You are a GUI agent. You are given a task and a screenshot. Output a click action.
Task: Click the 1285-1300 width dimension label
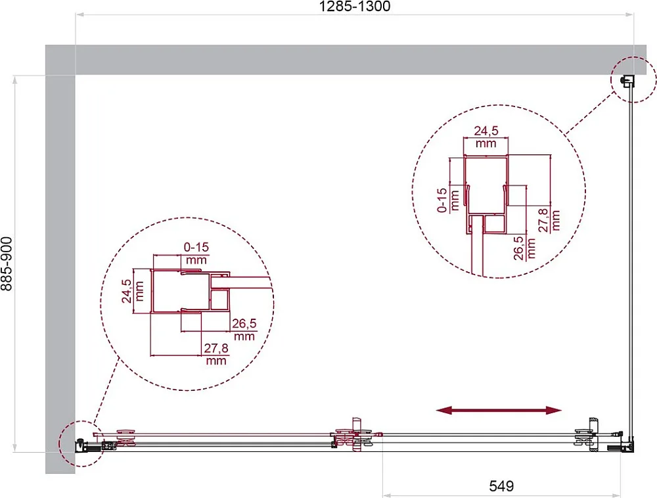(355, 7)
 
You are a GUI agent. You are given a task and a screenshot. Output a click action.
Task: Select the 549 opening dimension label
(501, 486)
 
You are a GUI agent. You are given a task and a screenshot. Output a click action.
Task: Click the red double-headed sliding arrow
(499, 411)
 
